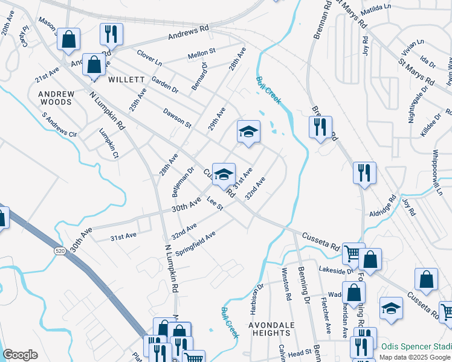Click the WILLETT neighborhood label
point(126,80)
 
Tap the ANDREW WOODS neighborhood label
point(56,98)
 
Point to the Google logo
point(20,355)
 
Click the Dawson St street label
point(176,118)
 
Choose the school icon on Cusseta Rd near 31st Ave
point(224,174)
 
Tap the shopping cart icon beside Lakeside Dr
point(353,253)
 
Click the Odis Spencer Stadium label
point(416,346)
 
